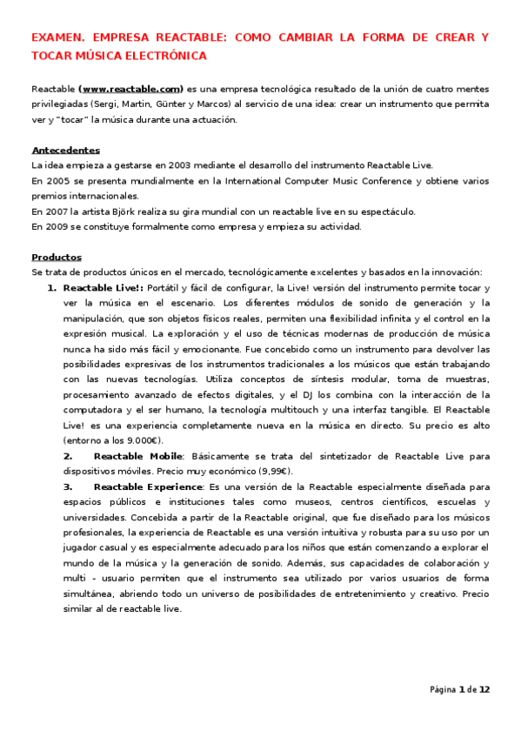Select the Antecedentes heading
pos(65,150)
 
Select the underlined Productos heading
pos(57,258)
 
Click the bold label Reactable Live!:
pos(104,288)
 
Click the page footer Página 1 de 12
pos(459,690)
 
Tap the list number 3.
pos(67,486)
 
